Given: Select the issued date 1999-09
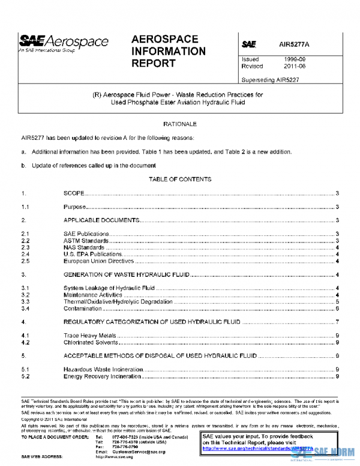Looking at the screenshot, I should [296, 59].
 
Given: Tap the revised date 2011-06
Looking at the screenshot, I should [296, 67].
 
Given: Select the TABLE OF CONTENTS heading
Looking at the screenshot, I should [179, 179].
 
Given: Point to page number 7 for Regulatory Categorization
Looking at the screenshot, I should [338, 322].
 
